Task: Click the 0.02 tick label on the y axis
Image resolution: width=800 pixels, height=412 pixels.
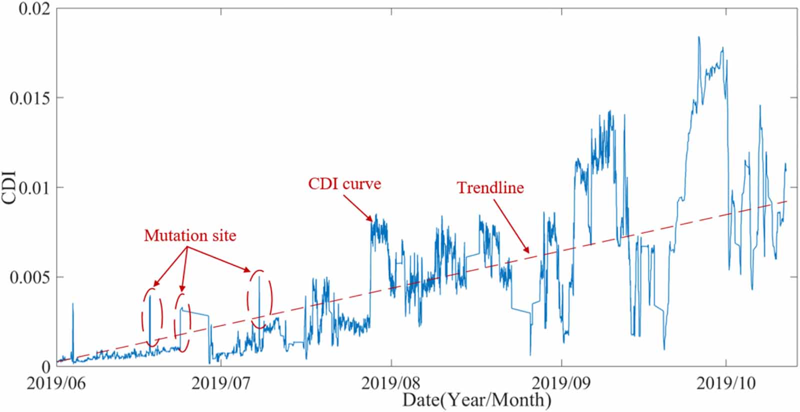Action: pos(34,9)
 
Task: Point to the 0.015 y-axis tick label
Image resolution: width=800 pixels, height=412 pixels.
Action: pos(30,98)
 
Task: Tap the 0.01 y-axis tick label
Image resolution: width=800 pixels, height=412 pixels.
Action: pos(34,187)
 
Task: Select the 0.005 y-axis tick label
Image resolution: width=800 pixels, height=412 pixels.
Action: pos(30,277)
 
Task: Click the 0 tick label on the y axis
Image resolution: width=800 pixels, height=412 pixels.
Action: pos(46,366)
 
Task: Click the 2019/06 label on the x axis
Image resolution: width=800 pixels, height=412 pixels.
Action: pos(56,384)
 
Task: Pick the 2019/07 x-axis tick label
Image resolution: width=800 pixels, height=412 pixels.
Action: pos(221,384)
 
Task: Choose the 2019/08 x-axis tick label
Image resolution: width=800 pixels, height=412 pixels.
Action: pos(391,384)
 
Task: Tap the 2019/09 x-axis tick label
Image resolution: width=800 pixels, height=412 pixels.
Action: pos(561,384)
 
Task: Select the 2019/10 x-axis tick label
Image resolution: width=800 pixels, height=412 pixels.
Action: pos(726,384)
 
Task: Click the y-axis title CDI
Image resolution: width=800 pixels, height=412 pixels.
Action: pos(8,187)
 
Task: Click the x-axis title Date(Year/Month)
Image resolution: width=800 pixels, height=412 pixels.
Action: pos(477,400)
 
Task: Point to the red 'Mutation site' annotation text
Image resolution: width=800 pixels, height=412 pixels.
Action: pos(190,236)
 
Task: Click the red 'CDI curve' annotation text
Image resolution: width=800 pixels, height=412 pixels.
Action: pos(344,184)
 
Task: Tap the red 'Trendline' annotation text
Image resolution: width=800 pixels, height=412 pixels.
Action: pos(490,188)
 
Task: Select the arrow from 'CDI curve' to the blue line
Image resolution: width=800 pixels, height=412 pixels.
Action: pos(358,209)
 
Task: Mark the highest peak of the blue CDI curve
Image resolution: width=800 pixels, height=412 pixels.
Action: pos(698,37)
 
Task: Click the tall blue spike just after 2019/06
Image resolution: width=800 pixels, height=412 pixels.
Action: pos(73,329)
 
